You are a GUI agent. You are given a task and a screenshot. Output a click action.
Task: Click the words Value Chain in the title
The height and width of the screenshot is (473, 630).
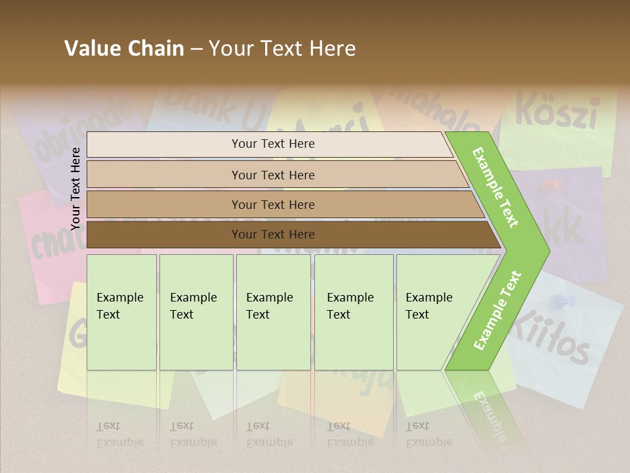pos(124,49)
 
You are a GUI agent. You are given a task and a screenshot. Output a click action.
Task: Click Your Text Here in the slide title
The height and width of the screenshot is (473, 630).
pos(282,49)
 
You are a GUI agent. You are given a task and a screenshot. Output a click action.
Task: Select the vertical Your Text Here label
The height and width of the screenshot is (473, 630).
pos(75,189)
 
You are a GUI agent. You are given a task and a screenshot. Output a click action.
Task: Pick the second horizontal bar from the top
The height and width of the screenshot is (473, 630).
pos(272,175)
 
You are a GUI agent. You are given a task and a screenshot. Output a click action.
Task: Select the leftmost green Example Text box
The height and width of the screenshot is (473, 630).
pos(121,312)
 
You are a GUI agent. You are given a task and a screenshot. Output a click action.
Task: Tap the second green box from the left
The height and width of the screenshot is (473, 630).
pos(196,312)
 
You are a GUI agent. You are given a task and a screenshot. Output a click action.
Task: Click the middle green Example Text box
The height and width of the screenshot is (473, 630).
pos(273,312)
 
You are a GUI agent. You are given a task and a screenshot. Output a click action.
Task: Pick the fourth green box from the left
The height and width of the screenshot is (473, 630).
pos(354,312)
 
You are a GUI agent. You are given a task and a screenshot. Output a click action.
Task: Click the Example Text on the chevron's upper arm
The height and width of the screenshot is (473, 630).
pos(495,187)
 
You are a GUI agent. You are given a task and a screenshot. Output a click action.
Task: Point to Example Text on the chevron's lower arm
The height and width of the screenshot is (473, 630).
pos(497,310)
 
